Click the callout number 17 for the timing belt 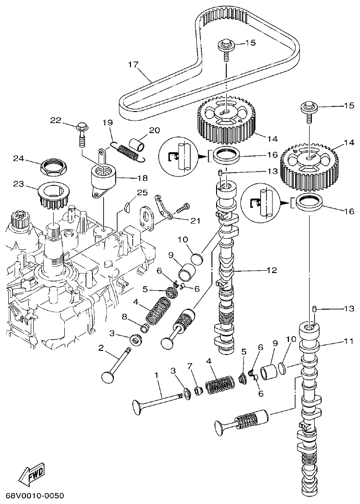[133, 65]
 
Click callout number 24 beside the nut [18, 158]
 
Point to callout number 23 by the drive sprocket [18, 184]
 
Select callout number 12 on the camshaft [272, 270]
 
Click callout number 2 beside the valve [100, 348]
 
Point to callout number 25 [142, 193]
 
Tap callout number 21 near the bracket [195, 220]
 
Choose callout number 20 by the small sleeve [154, 130]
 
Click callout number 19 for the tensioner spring [107, 123]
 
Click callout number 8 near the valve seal [124, 317]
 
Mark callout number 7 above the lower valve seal [189, 367]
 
